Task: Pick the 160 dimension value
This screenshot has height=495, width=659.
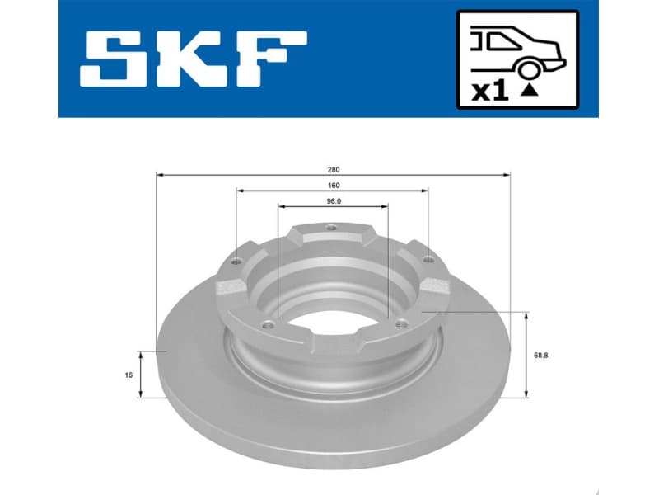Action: [333, 185]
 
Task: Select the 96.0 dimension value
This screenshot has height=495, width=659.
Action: [333, 200]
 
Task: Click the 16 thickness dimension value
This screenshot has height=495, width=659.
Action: [129, 375]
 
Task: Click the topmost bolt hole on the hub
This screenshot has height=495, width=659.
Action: [331, 229]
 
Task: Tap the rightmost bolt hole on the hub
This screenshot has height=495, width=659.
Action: [428, 261]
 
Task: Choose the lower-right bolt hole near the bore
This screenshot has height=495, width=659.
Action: [400, 323]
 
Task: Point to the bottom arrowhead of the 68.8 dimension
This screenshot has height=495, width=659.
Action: [526, 394]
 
